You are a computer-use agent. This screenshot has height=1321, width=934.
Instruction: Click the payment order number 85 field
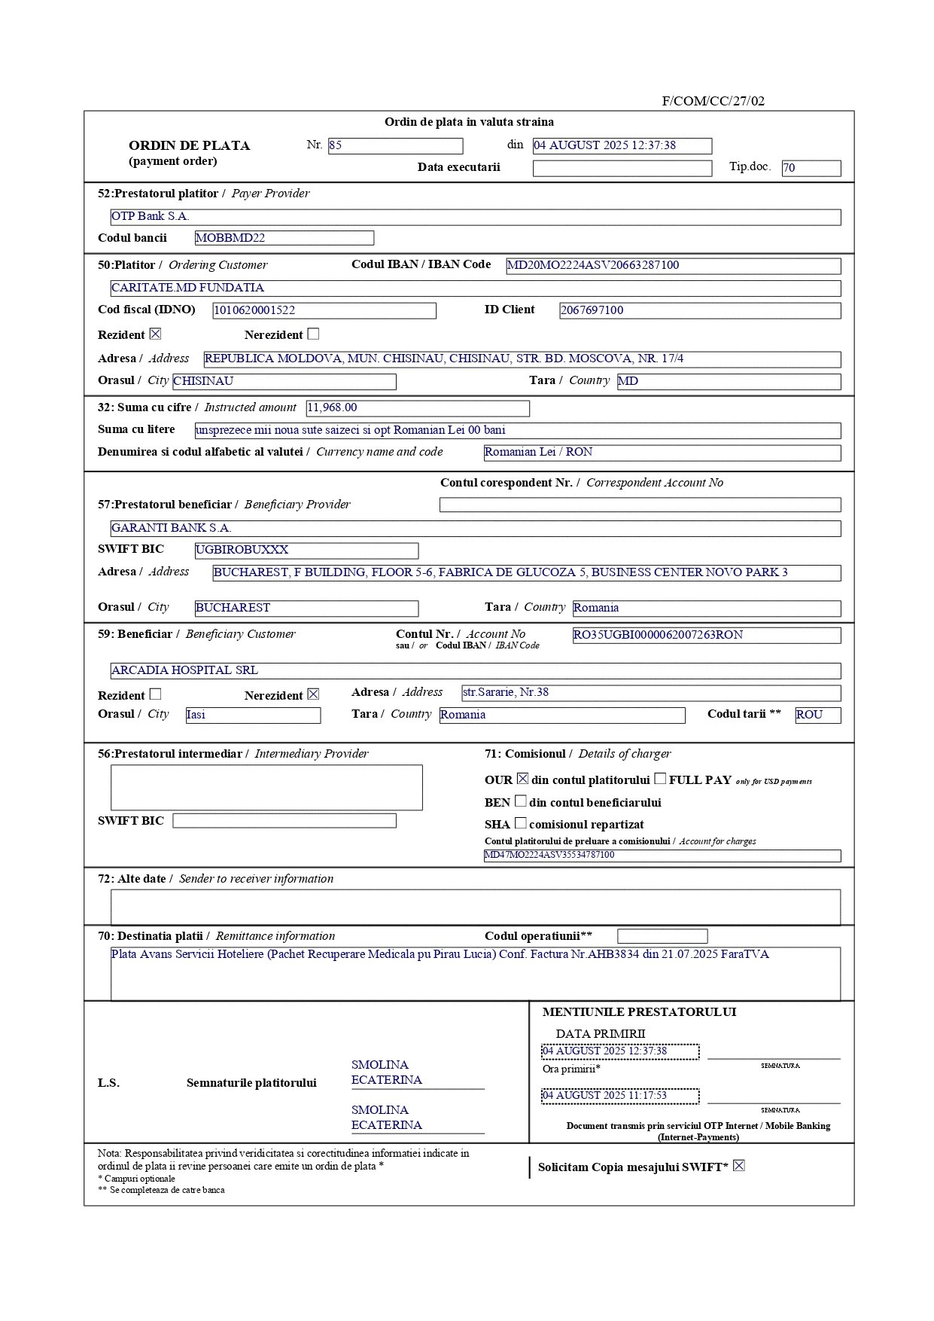click(395, 146)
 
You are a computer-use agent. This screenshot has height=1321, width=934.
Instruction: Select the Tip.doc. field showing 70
click(811, 169)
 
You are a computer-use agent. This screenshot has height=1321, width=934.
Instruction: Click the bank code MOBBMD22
click(284, 239)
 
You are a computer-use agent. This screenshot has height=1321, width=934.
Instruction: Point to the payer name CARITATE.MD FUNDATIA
click(188, 288)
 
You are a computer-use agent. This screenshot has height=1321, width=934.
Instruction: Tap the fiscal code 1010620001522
click(324, 310)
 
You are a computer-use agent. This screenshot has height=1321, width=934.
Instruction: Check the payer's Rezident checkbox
click(155, 334)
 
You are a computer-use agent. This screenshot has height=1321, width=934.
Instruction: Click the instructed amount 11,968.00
click(417, 408)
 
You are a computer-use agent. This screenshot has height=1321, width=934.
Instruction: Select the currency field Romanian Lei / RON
click(662, 453)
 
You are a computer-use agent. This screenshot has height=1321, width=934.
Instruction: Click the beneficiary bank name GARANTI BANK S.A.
click(172, 528)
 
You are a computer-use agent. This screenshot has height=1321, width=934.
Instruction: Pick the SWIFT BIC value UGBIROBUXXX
click(306, 551)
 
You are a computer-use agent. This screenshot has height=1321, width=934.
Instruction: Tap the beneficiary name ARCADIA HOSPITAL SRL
click(185, 670)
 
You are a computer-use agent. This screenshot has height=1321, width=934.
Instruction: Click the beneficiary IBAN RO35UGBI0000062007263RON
click(706, 636)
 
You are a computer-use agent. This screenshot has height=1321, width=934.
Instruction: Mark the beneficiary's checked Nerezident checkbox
click(313, 694)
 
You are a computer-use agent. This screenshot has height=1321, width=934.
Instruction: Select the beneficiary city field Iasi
click(252, 715)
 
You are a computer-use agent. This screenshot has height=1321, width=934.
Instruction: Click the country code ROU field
click(817, 715)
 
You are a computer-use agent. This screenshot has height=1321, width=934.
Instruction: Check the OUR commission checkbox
click(522, 779)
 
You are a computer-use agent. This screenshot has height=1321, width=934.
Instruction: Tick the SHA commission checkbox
click(520, 823)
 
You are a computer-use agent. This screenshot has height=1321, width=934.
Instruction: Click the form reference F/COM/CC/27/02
click(713, 101)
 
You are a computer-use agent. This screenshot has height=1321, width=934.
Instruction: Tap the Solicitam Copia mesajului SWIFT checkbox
click(738, 1166)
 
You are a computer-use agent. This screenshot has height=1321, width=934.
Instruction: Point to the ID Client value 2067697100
click(699, 310)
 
